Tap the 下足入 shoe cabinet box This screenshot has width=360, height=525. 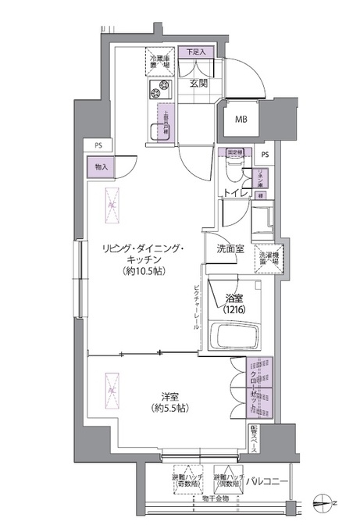click(195, 52)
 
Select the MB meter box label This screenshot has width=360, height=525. click(243, 120)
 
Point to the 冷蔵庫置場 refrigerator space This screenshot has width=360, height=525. click(160, 62)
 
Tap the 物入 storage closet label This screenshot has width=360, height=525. click(103, 166)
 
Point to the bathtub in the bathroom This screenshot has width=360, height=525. click(236, 338)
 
